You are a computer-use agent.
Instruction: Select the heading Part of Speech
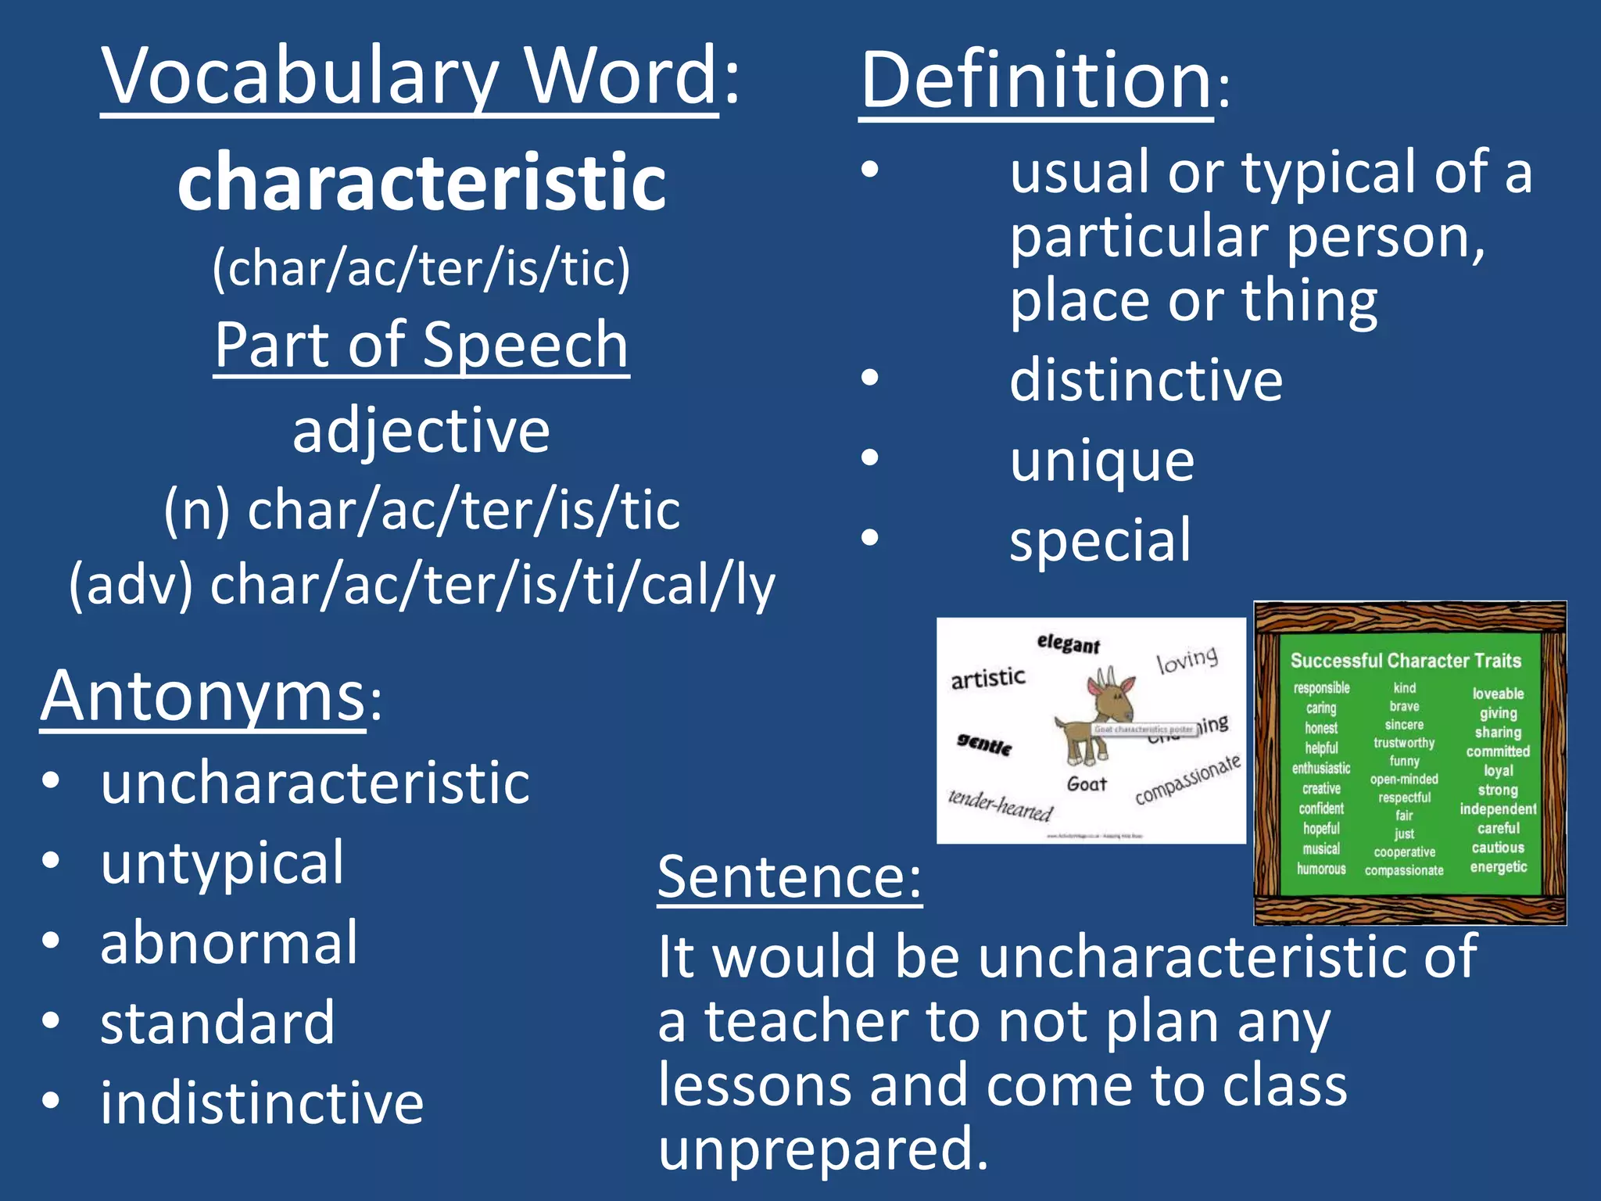coord(421,345)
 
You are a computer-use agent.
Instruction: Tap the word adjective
coord(421,431)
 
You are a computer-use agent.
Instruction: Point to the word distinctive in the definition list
coord(1146,381)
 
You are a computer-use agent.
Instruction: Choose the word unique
coord(1102,461)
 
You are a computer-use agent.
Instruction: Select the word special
coord(1101,540)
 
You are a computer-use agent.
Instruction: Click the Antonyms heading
coord(203,696)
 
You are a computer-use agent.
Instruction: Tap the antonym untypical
coord(223,862)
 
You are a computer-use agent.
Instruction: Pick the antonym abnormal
coord(229,943)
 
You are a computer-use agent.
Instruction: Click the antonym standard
coord(218,1023)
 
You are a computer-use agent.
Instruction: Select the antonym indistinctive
coord(262,1103)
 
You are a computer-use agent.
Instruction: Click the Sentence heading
coord(790,877)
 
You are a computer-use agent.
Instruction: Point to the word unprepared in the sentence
coord(824,1149)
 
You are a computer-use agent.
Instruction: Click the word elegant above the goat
coord(1069,644)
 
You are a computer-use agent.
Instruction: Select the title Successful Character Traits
coord(1406,661)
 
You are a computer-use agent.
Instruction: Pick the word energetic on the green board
coord(1498,867)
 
